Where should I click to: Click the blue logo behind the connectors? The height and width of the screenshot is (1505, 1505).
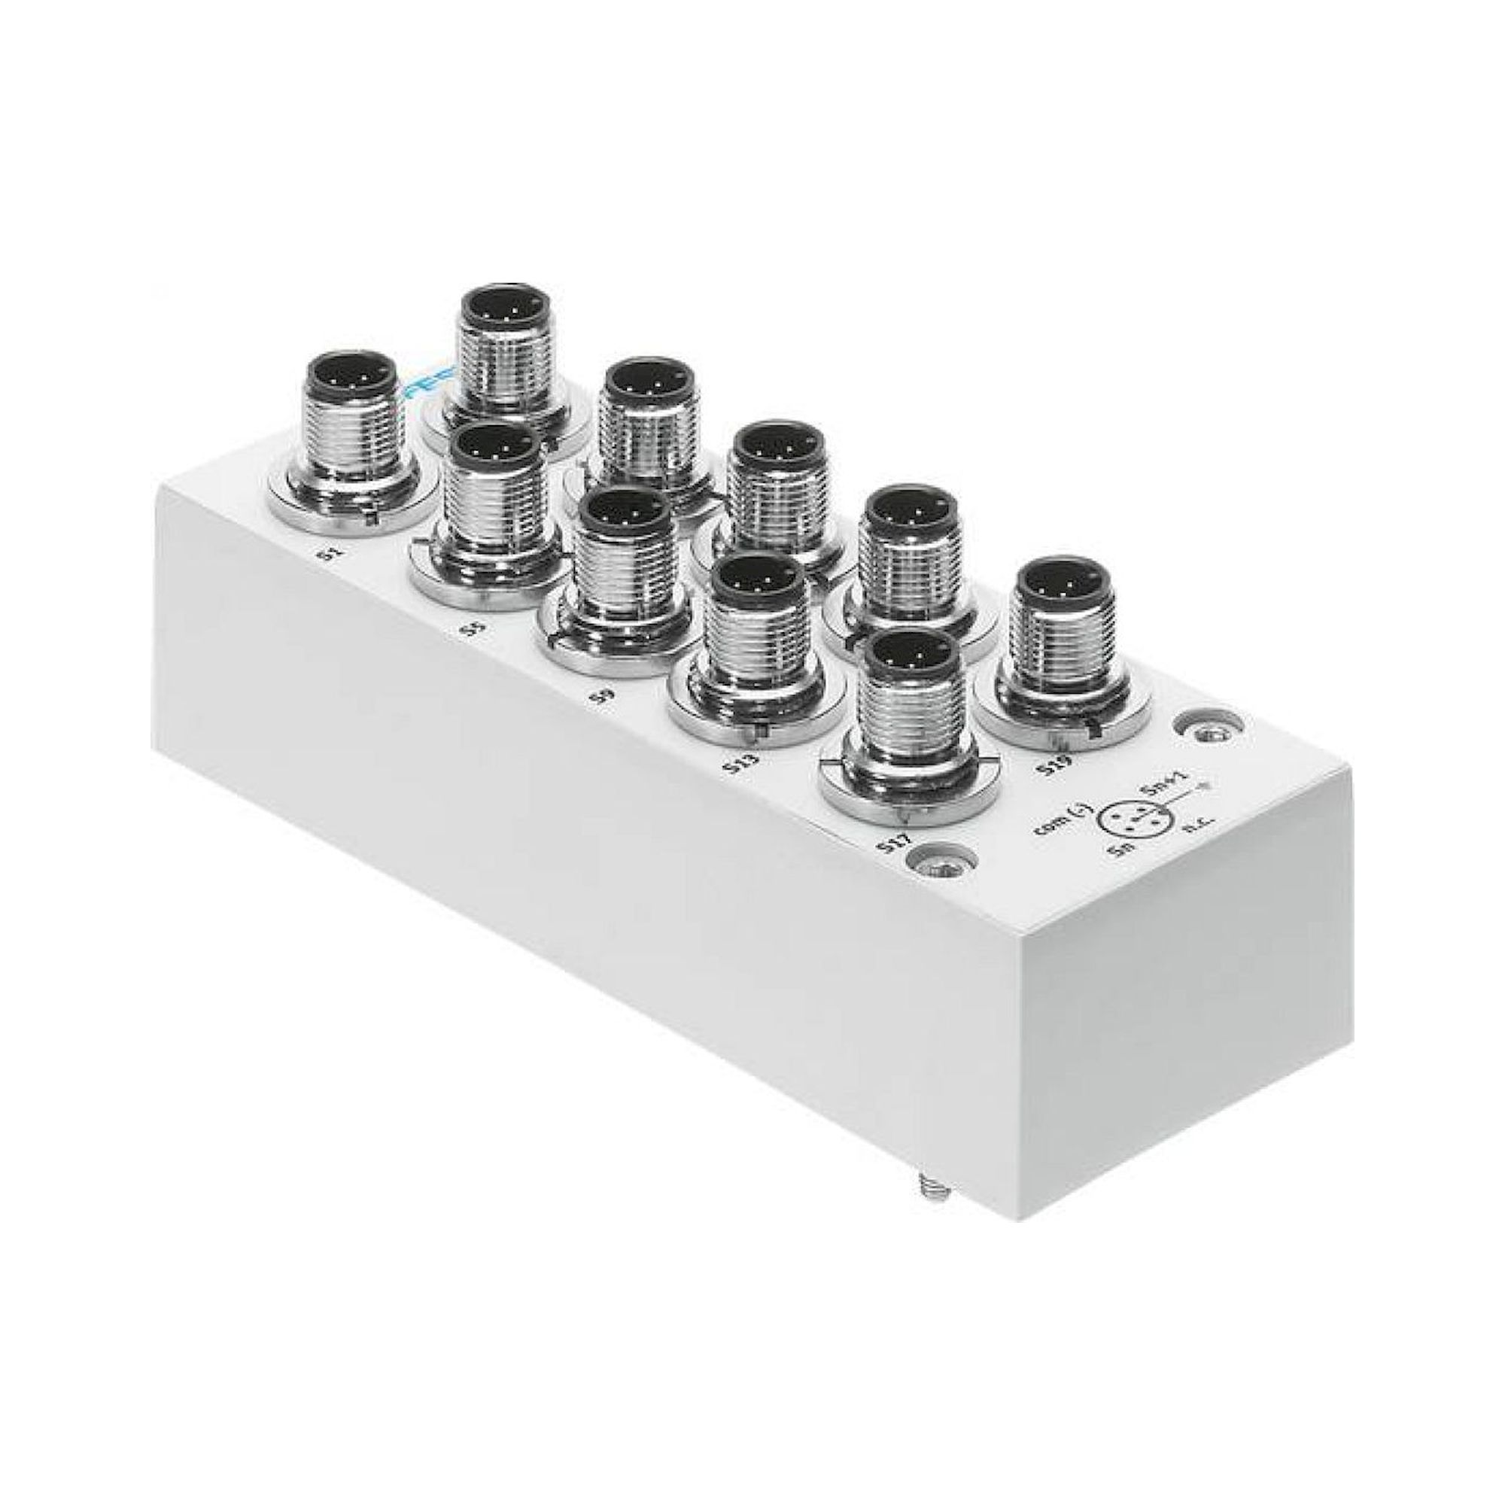427,385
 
